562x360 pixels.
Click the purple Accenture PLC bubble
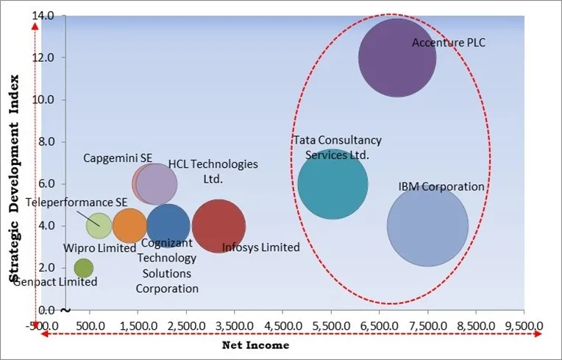tap(397, 57)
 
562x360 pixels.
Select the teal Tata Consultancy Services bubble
tap(332, 185)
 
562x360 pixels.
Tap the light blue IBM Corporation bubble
tap(427, 226)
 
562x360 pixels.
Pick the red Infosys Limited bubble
tap(218, 226)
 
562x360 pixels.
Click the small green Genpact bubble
tap(84, 268)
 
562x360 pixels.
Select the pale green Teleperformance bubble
tap(99, 225)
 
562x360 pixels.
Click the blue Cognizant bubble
tap(168, 226)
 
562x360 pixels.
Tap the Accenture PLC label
tap(449, 43)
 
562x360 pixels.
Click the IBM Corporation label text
tap(441, 186)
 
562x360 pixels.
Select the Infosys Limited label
tap(261, 247)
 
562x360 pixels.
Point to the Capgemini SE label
tap(118, 158)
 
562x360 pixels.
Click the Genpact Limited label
tap(55, 282)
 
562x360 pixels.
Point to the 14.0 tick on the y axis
tap(48, 15)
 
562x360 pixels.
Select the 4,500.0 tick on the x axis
tap(283, 324)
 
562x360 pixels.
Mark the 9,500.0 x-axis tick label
tap(524, 324)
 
